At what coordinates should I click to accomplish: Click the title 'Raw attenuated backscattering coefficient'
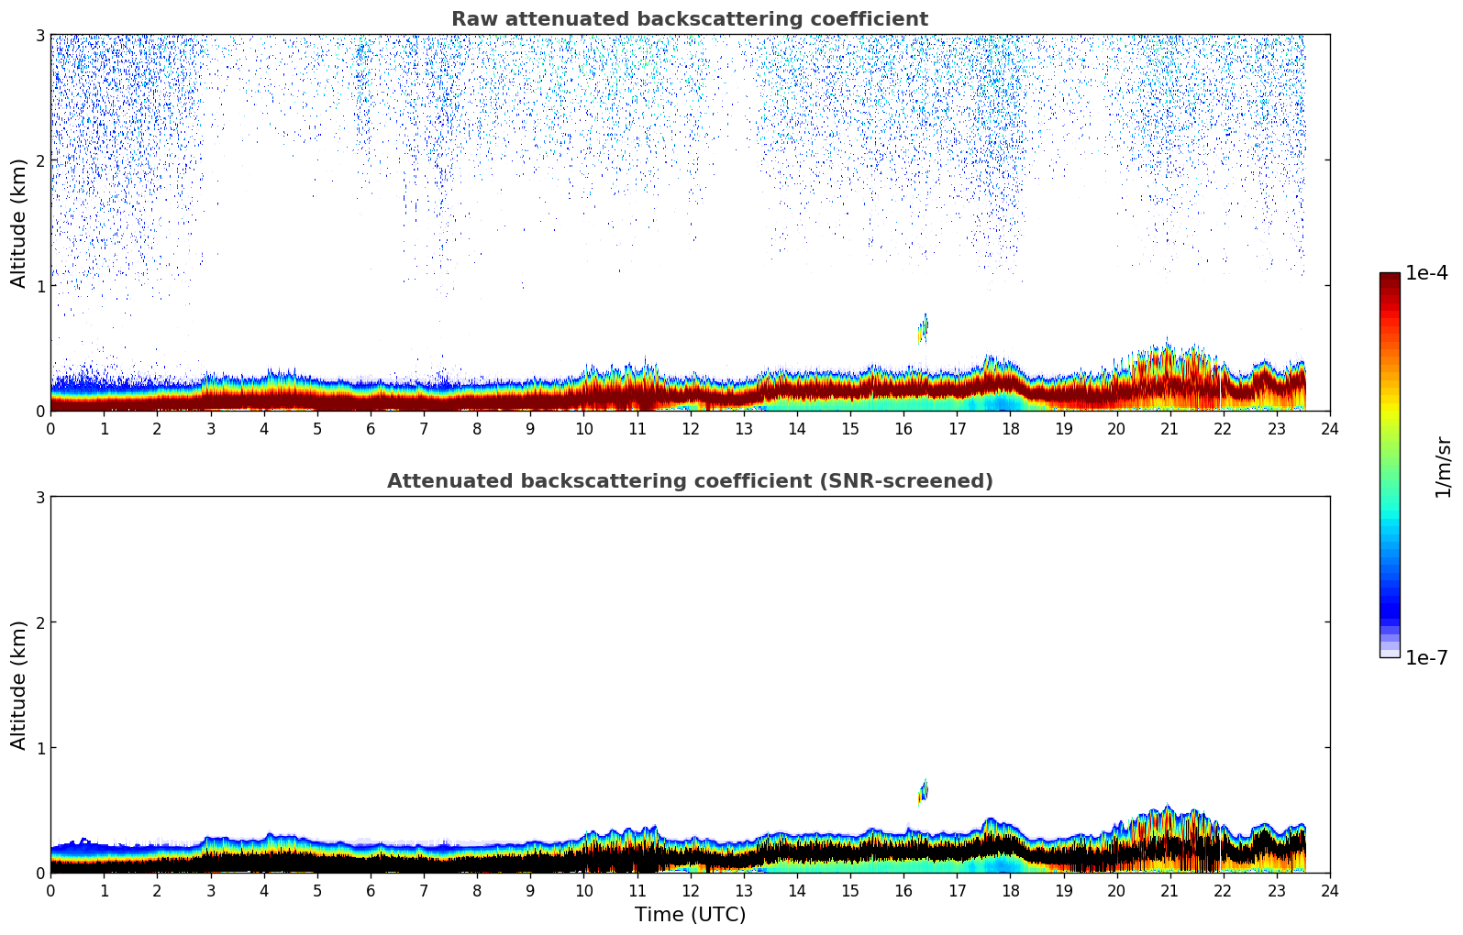point(689,19)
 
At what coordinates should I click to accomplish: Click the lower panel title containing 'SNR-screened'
point(689,481)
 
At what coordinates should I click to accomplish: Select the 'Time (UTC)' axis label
point(690,914)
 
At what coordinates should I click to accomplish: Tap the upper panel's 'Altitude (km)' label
point(19,223)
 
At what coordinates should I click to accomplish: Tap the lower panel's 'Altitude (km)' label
point(19,685)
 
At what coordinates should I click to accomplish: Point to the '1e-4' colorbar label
point(1426,273)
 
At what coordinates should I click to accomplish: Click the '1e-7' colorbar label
point(1426,657)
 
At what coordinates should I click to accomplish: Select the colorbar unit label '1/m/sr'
point(1443,467)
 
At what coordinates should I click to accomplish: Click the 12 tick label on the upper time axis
point(690,428)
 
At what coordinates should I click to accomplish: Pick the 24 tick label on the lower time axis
point(1330,890)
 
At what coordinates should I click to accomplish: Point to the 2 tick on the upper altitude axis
point(39,160)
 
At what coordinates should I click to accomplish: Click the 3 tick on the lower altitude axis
point(39,498)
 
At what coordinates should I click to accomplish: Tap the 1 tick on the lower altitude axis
point(39,748)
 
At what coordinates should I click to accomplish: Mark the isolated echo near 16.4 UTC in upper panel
point(924,327)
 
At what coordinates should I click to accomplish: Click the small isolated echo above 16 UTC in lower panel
point(924,790)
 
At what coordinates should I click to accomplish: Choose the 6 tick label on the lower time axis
point(371,890)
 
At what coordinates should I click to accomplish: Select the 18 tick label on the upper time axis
point(1010,428)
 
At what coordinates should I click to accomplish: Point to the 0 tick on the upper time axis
point(50,428)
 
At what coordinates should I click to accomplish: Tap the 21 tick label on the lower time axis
point(1169,890)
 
